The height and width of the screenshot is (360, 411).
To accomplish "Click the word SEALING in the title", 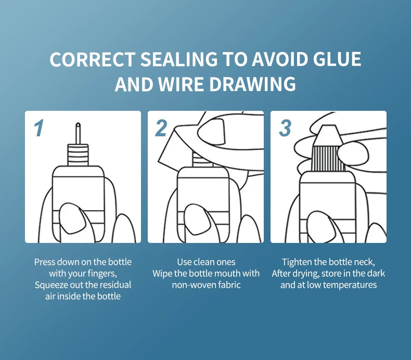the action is pos(179,59).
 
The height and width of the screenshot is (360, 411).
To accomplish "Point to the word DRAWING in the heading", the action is pos(253,84).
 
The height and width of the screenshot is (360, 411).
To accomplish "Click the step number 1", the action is pos(39,128).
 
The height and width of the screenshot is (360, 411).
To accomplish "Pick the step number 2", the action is pos(161,128).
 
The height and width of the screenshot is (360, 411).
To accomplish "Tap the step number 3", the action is pos(285,128).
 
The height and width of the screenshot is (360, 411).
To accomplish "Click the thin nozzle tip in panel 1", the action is pos(78,134).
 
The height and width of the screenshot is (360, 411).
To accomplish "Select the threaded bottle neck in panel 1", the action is pos(78,155).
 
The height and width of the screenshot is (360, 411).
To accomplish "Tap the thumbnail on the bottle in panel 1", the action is pos(72,216).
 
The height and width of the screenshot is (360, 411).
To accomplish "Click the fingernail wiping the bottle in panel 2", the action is pos(212,132).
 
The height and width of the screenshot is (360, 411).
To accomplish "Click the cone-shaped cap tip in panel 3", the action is pos(328,136).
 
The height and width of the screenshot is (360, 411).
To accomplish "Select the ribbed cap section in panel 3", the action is pos(328,158).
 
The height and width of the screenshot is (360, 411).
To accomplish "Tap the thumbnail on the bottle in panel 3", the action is pos(320,225).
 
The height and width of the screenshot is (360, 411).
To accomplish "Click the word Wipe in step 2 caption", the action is pos(162,274).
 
